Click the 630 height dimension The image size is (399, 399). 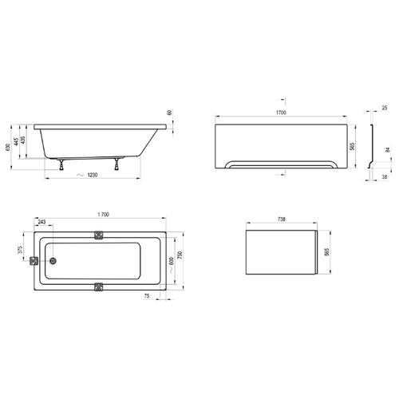(x=8, y=148)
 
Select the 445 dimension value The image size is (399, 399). (x=17, y=141)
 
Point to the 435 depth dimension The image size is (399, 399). (x=23, y=140)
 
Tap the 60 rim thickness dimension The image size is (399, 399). (x=170, y=113)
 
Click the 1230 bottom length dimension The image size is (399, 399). (x=93, y=175)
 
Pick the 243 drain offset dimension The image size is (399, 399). (x=41, y=222)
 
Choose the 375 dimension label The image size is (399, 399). (x=20, y=250)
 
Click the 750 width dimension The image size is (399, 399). (x=180, y=255)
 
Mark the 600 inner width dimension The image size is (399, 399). (x=172, y=261)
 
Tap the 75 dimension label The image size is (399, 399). (x=147, y=296)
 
